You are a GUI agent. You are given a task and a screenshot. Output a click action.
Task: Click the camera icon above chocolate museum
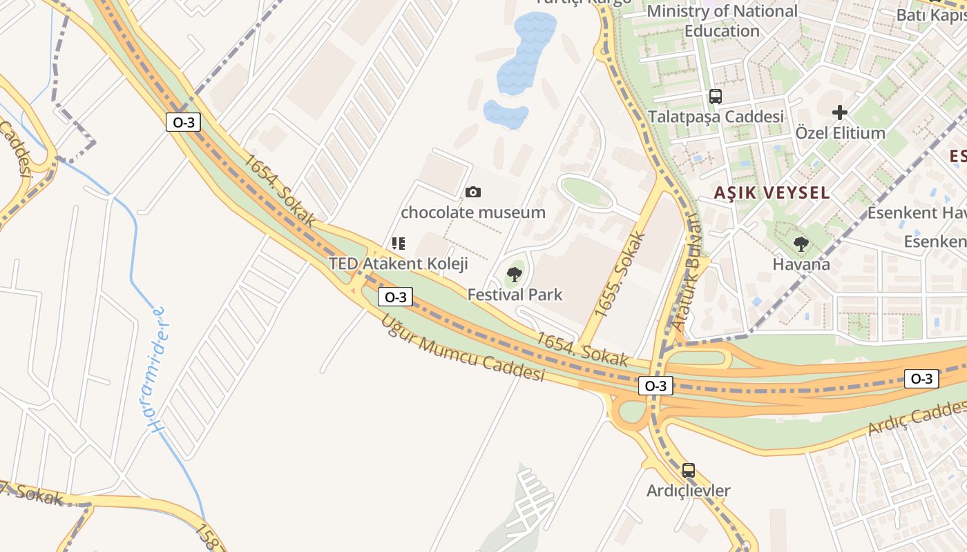[473, 192]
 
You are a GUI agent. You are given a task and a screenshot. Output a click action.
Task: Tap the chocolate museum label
[473, 212]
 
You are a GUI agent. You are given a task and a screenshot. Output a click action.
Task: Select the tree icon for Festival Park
[514, 275]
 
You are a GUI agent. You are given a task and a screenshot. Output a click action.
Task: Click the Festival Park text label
[515, 295]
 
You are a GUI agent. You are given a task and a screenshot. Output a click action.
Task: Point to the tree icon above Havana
[801, 244]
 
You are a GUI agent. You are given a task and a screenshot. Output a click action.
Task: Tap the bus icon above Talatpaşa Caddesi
[716, 97]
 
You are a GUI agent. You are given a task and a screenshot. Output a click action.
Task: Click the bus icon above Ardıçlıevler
[689, 471]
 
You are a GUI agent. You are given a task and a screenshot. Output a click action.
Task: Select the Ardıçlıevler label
[688, 491]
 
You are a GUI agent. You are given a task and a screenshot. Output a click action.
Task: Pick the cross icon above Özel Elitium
[840, 112]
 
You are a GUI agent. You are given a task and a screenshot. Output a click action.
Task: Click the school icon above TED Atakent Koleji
[398, 244]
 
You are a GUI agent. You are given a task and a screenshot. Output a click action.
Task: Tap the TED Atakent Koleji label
[398, 264]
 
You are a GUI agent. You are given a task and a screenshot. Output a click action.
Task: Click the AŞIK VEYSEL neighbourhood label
[772, 193]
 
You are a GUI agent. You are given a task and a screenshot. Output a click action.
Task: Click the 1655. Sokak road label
[620, 275]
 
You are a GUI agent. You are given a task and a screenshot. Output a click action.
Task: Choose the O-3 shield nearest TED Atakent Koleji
[395, 297]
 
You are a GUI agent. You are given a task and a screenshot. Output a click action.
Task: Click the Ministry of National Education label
[722, 21]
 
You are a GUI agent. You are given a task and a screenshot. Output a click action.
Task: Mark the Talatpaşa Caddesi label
[716, 116]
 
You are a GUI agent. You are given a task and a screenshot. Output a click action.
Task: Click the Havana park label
[801, 264]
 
